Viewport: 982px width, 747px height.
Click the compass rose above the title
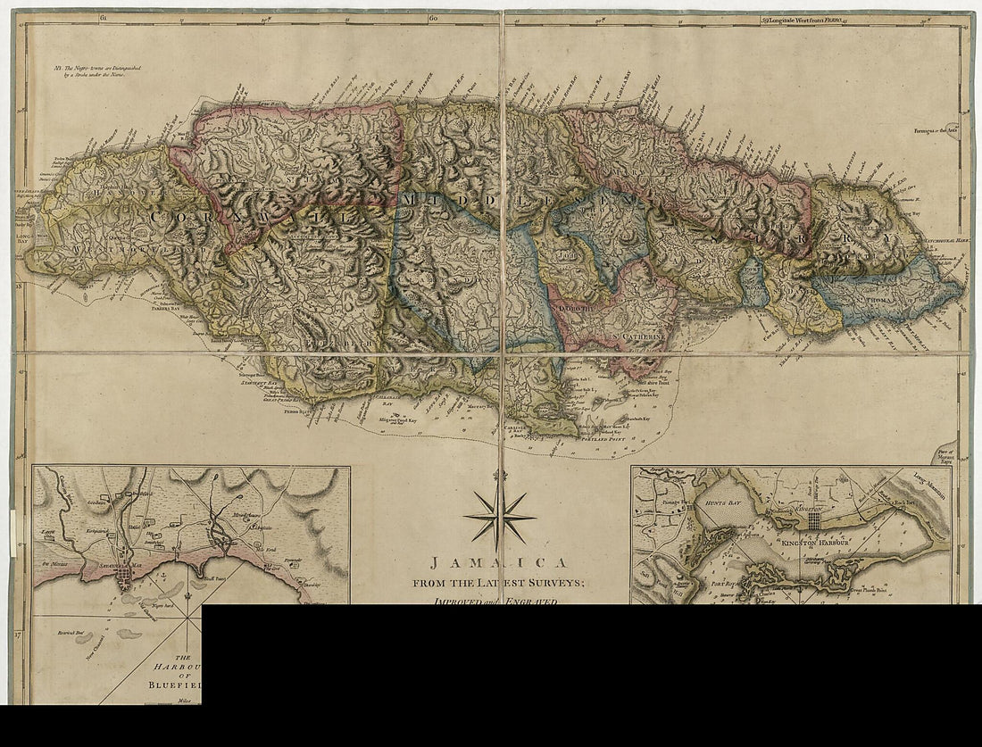[500, 516]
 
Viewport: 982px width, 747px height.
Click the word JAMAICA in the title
[500, 563]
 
